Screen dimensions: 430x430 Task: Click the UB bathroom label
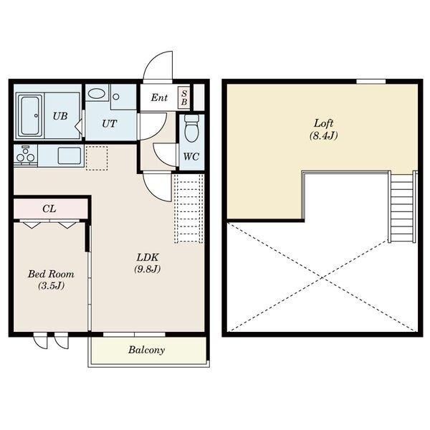[x=60, y=116]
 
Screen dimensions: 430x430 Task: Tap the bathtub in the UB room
[x=30, y=116]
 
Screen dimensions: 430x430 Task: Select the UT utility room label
[x=109, y=124]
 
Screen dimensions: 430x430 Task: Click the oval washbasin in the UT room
[x=96, y=94]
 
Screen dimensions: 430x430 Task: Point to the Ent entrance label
[x=159, y=97]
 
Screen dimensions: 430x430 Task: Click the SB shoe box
[x=184, y=97]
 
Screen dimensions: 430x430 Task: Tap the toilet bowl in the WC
[x=191, y=128]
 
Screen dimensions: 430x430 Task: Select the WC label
[x=191, y=156]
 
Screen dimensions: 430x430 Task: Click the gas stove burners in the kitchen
[x=26, y=156]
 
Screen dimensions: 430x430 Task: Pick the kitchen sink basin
[x=70, y=156]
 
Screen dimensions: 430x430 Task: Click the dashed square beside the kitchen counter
[x=97, y=158]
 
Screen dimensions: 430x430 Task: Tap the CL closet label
[x=49, y=209]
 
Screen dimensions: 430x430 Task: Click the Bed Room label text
[x=51, y=274]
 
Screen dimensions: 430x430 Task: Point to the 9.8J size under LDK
[x=147, y=269]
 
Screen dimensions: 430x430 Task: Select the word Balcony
[x=146, y=350]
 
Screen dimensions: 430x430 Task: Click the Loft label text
[x=324, y=123]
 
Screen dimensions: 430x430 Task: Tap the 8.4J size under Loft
[x=324, y=135]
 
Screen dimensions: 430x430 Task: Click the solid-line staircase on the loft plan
[x=402, y=206]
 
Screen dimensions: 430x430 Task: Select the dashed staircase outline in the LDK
[x=188, y=209]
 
